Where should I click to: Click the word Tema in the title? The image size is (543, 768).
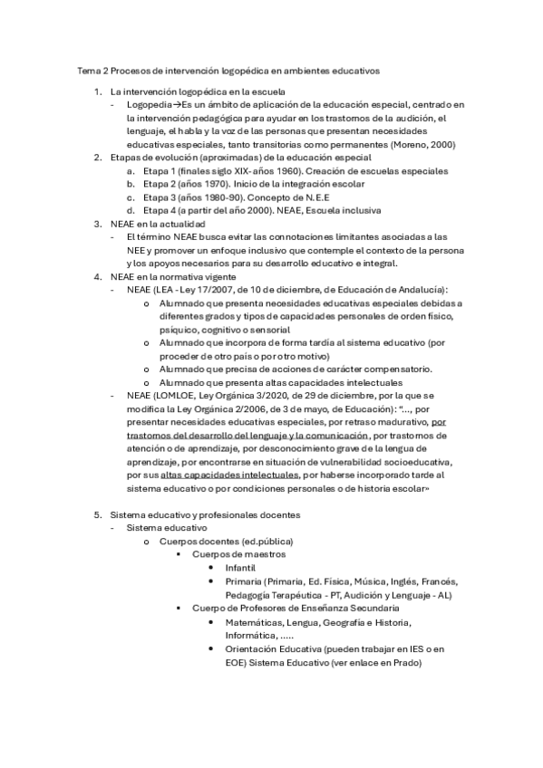pos(88,69)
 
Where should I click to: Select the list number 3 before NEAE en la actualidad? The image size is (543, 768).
pos(97,224)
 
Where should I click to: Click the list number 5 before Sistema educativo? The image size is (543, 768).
pos(97,514)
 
